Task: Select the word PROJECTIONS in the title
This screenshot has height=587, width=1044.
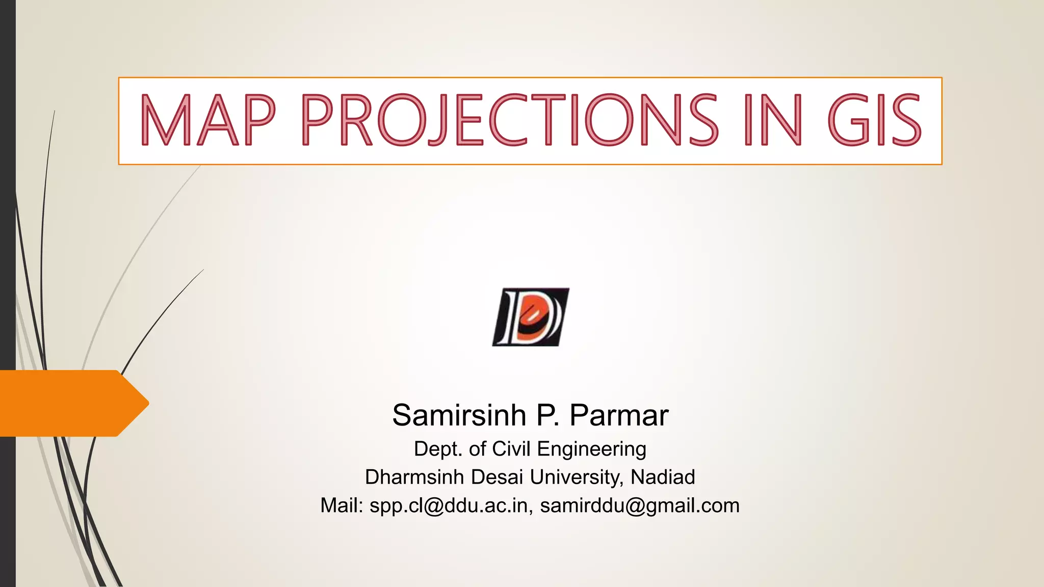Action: coord(510,120)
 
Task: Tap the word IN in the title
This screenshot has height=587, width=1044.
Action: coord(773,120)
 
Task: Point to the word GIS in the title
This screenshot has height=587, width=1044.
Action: coord(875,120)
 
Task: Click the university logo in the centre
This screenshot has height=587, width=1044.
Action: coord(531,317)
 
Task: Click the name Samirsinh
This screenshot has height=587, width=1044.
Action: coord(459,415)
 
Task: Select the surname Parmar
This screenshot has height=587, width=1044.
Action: coord(618,415)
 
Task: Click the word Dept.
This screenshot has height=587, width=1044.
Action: coord(437,449)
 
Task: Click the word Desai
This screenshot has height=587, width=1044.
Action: coord(497,477)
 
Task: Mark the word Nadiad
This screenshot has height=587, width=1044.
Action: coord(663,477)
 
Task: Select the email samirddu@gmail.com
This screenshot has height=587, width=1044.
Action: coord(640,506)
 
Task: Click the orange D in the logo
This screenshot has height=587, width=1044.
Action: coord(533,321)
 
